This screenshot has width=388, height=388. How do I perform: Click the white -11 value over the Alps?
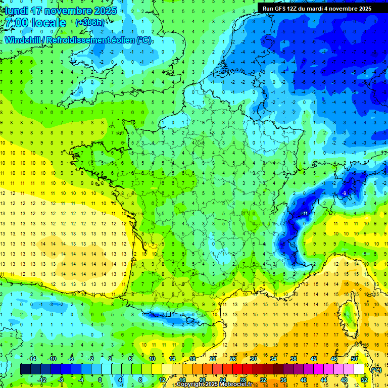point(305,214)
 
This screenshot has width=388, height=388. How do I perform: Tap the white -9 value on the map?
point(344,193)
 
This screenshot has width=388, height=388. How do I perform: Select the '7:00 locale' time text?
point(34,23)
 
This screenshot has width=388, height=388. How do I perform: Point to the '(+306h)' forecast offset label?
point(89,23)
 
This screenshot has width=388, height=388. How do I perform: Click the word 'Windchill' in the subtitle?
point(23,40)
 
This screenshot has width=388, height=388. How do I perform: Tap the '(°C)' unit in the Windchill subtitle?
point(144,40)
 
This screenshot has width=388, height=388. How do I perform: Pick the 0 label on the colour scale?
point(100,379)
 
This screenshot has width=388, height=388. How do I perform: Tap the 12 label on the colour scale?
point(162,379)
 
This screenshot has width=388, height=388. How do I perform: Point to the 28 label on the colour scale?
point(243,379)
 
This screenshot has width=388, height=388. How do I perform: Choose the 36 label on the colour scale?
point(283,379)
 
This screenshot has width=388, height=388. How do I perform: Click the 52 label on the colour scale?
point(364,379)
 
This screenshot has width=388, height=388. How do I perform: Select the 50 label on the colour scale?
point(354,359)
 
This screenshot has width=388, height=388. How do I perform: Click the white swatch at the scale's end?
point(359,369)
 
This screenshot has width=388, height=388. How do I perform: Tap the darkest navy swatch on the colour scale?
point(25,369)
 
